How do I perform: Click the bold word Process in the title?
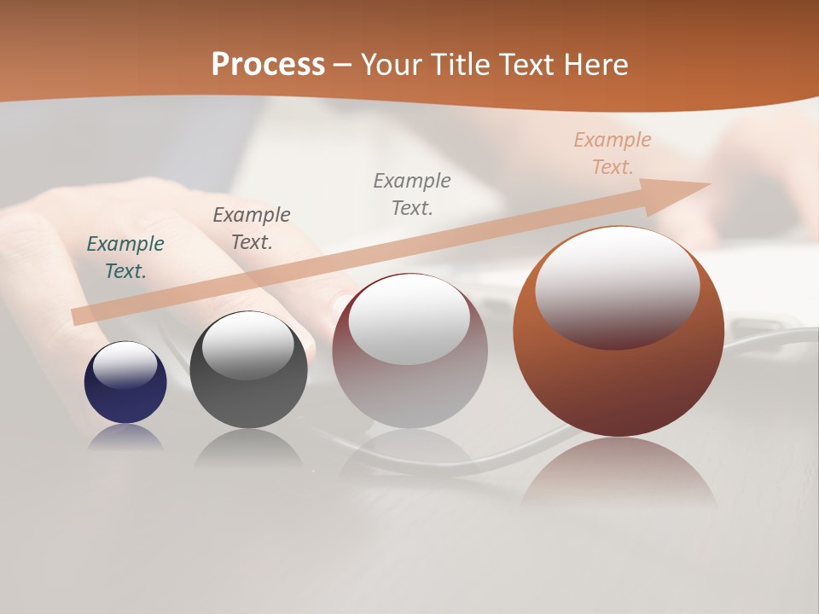click(268, 65)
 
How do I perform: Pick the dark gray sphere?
click(248, 401)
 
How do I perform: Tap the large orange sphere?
click(619, 384)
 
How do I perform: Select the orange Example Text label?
click(613, 153)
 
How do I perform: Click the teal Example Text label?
click(125, 258)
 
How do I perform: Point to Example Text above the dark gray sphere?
click(252, 229)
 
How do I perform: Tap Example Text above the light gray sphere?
click(412, 194)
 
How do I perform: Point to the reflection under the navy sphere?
click(125, 437)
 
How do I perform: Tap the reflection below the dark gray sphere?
click(248, 447)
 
